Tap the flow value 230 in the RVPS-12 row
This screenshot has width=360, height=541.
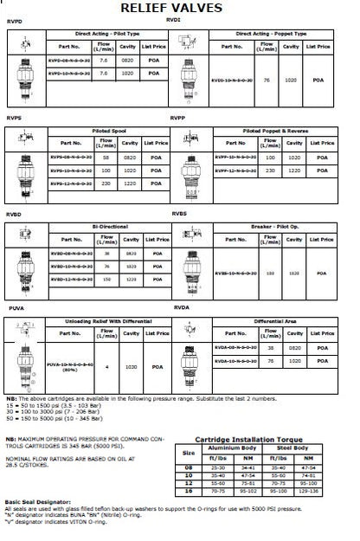(106, 183)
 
